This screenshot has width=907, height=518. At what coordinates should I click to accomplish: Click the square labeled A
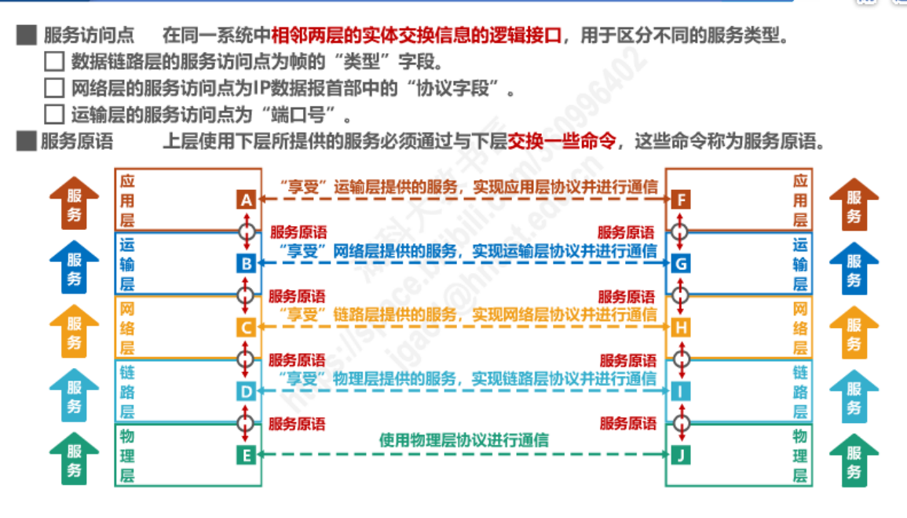coord(246,200)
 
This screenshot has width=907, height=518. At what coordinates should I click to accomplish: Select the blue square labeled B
coord(246,264)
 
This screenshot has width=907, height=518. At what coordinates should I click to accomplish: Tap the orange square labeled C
coord(246,327)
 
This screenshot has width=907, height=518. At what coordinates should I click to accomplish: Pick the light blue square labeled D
coord(246,390)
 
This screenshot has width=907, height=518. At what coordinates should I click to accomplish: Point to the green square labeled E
coord(246,454)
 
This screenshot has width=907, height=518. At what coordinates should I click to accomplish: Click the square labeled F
coord(681,200)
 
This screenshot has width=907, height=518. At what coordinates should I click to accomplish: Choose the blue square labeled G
coord(681,264)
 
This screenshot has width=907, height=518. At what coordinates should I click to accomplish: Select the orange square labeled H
coord(681,327)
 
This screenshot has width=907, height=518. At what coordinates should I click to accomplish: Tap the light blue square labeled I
coord(681,390)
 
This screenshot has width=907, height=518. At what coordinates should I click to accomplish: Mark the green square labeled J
coord(681,454)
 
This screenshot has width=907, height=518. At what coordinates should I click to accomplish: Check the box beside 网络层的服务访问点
coord(54,88)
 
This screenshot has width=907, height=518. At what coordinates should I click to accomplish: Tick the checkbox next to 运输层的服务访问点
coord(54,115)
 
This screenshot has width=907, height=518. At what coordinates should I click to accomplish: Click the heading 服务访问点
coord(89,35)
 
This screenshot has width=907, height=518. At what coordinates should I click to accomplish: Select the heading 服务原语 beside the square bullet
coord(77,142)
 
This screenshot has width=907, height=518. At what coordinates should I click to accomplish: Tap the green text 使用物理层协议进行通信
coord(464,440)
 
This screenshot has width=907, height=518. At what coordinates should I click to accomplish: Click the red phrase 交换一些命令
coord(561,142)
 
